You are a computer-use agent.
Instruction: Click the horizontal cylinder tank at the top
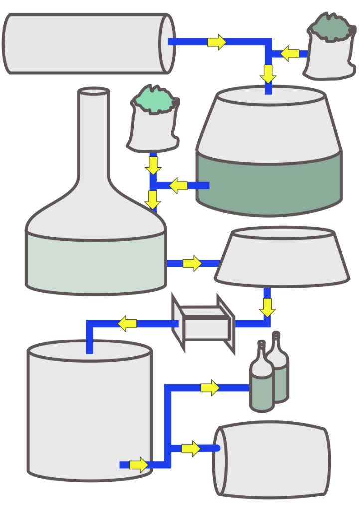[85, 43]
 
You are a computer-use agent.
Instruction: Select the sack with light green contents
[153, 122]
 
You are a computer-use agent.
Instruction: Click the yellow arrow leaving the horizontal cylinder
[217, 42]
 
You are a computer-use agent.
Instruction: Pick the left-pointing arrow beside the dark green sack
[290, 53]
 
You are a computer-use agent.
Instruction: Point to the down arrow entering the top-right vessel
[268, 74]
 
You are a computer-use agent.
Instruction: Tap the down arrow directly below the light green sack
[153, 165]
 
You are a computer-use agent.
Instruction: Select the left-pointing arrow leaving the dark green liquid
[178, 186]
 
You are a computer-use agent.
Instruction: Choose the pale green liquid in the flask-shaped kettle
[95, 262]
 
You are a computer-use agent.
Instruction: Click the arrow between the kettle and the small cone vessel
[192, 263]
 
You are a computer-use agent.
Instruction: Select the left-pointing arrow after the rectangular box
[127, 324]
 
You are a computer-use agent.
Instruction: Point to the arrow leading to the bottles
[210, 388]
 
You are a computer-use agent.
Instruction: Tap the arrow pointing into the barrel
[191, 449]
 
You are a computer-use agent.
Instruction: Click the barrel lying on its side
[272, 460]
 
